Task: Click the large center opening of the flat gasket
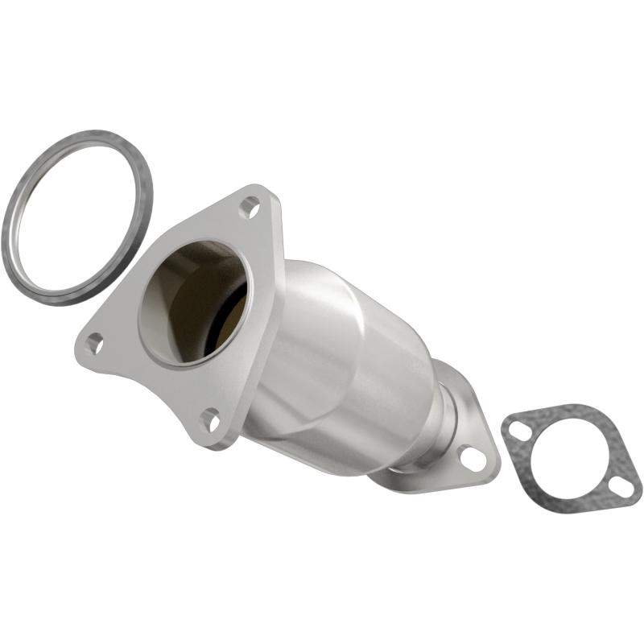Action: coord(568,456)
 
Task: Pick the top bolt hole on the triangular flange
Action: coord(250,208)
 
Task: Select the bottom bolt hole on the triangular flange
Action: coord(211,419)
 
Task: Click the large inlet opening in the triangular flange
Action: coord(189,302)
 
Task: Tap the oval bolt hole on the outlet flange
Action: coord(473,458)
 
